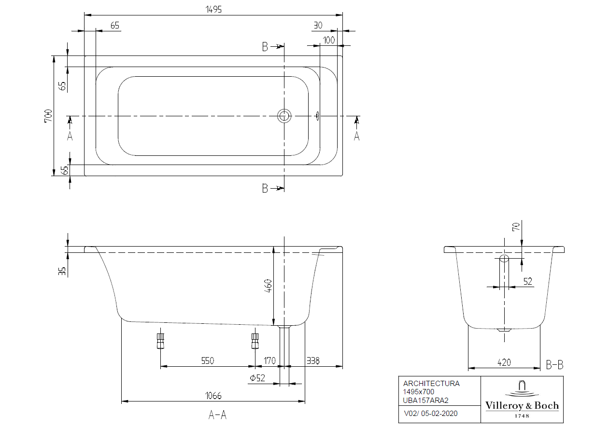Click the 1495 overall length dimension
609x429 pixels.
(x=213, y=10)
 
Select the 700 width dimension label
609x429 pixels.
(x=48, y=116)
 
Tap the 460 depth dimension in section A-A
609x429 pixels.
(x=268, y=286)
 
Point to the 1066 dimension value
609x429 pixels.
(x=213, y=396)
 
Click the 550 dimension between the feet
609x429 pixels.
(x=208, y=361)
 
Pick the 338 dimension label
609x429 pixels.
(x=313, y=361)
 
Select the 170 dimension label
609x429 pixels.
(x=269, y=361)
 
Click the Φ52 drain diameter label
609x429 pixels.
(x=257, y=378)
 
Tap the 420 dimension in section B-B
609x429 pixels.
(x=504, y=362)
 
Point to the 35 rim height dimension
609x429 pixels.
(x=62, y=271)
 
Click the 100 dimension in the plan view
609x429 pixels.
(x=329, y=40)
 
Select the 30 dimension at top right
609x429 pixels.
(x=318, y=25)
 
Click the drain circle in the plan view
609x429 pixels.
(x=284, y=116)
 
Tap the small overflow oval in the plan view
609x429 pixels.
(x=317, y=116)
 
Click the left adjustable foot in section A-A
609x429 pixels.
(x=160, y=341)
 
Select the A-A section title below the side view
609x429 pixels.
(x=217, y=415)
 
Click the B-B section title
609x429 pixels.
(x=554, y=365)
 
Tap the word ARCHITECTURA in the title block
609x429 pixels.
(x=431, y=383)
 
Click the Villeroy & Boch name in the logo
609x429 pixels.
(x=522, y=406)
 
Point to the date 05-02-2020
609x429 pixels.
(x=439, y=414)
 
